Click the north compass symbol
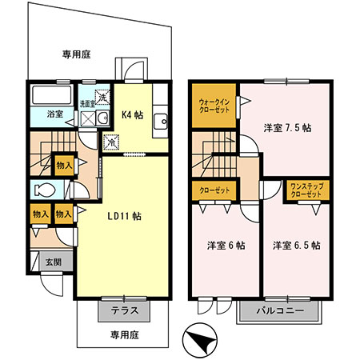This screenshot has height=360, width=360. pos(200,340)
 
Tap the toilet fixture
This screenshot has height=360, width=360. pos(45,190)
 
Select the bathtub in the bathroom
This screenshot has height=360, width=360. pos(52,95)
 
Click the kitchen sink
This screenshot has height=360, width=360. pos(160,122)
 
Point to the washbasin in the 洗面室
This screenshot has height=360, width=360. pos(102,118)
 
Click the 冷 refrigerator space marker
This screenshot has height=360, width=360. pos(111,142)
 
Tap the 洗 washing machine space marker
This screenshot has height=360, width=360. pos(102,97)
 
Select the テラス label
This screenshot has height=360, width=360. pos(125,310)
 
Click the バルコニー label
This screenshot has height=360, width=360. pos(280,311)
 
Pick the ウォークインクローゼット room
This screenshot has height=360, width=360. pos(214,106)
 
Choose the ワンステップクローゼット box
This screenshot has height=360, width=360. pos(306,190)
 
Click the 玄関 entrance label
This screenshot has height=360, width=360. pos(54,262)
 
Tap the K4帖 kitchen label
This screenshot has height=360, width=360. pos(133,115)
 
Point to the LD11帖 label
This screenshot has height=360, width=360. pos(125,216)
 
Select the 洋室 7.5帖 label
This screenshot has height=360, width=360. pos(287,128)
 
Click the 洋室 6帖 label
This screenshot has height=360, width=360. pos(226,246)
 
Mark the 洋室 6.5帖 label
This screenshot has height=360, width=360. pos(297,246)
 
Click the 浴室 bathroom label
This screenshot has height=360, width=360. pos(55,114)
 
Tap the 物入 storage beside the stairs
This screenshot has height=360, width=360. pos(64,166)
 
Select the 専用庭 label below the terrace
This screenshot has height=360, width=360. pos(125,334)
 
